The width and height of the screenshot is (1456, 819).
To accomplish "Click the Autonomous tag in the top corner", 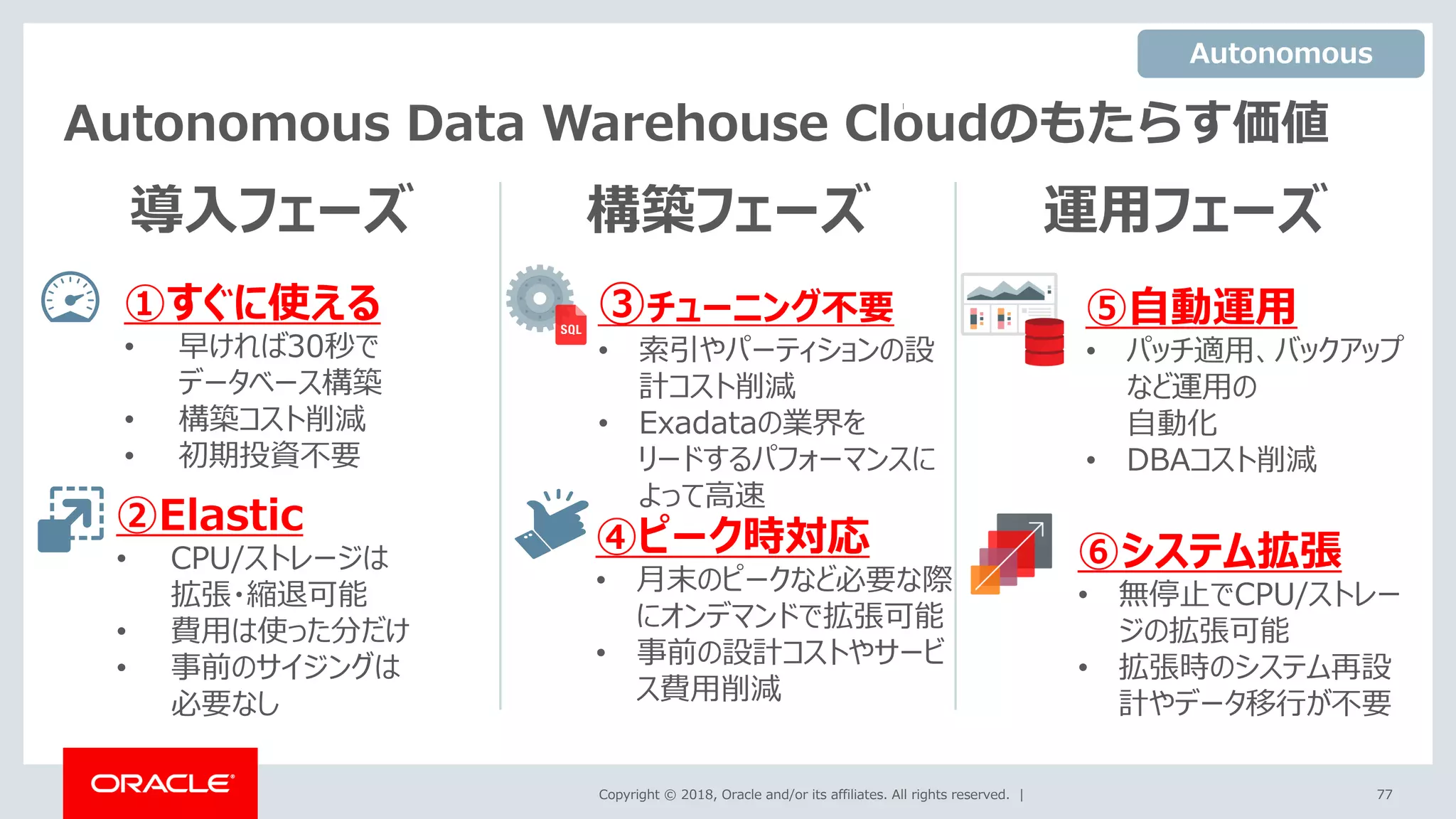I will coord(1280,54).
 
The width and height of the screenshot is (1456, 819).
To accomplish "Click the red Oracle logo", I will coord(161,783).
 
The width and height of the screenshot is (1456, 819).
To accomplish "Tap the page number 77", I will coord(1384,794).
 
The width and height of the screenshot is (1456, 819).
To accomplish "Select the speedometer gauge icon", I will coord(70,298).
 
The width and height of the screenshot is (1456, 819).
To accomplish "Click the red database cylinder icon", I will coord(1044,342).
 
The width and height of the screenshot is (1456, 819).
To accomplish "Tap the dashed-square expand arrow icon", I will coord(70,519).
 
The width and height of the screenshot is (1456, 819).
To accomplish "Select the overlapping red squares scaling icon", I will coord(1010,554).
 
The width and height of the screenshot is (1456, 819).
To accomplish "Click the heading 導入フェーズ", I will coord(271,209).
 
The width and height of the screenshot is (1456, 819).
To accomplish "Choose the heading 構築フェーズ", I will coord(728,209).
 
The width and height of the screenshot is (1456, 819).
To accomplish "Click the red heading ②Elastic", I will coord(210,515).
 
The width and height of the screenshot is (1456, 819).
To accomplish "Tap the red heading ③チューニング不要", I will coord(746,306).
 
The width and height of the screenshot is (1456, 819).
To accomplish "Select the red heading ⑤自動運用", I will coord(1191,307).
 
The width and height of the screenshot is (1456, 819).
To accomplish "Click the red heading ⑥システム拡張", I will coord(1209,551).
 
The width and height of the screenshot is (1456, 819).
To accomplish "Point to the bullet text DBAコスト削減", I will coord(1221,460).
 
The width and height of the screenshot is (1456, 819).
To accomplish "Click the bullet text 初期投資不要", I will coord(269,455).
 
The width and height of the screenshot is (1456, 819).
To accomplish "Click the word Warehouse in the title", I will coord(685,124).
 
